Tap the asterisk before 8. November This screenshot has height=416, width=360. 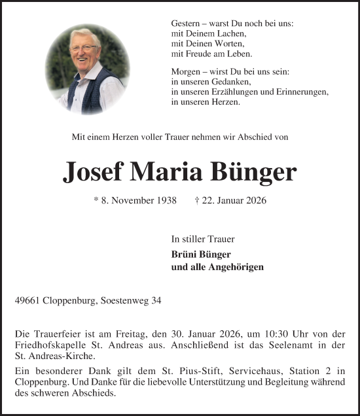96,200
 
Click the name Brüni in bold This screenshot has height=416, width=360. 184,254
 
